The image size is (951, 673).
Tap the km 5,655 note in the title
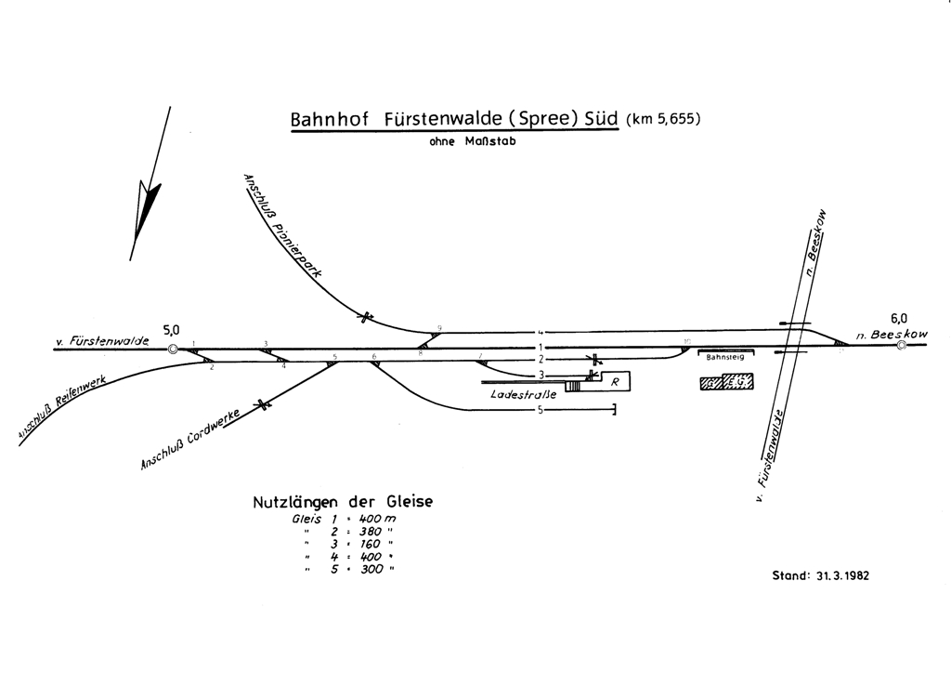[661, 119]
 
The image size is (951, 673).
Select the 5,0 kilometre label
[172, 329]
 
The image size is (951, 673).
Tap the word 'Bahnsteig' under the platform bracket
[724, 357]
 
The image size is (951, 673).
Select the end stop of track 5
[615, 409]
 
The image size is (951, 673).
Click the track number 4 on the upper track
[538, 332]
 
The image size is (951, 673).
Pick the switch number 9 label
[438, 327]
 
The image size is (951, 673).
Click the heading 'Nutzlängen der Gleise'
[343, 502]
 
